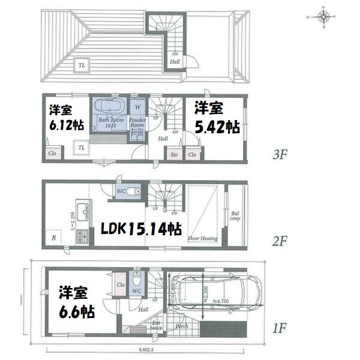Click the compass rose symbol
coord(323,17)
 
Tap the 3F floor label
coord(280,154)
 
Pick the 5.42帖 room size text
coord(218,128)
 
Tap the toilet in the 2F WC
coord(133,191)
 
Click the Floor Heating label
coord(202,239)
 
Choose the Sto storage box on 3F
coord(173,154)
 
